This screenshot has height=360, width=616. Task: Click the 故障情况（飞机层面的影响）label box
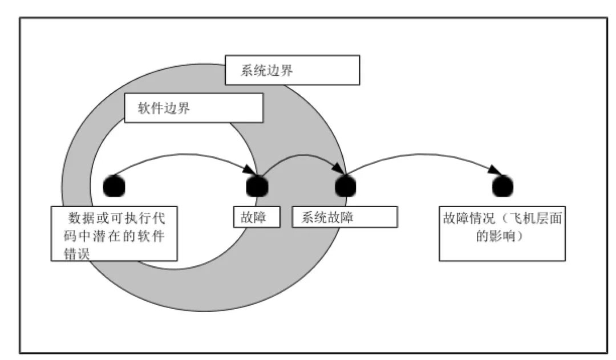[502, 234]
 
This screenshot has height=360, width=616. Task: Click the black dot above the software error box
[114, 185]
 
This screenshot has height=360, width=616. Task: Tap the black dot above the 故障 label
[256, 185]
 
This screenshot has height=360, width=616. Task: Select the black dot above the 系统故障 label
[345, 185]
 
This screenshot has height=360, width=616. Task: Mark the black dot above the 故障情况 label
[502, 185]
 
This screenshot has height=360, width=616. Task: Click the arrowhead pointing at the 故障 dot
[249, 169]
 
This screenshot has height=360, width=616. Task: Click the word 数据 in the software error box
[83, 218]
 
